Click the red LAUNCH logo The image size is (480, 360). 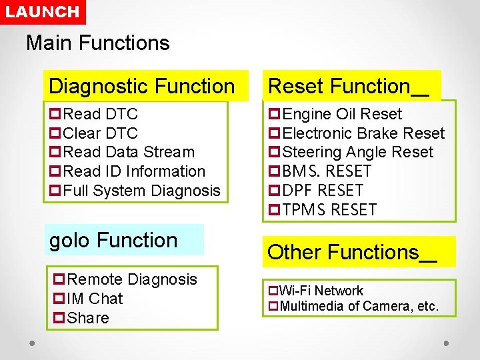pyautogui.click(x=43, y=12)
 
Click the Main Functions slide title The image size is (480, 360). pyautogui.click(x=98, y=43)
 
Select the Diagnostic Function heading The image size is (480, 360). pyautogui.click(x=142, y=86)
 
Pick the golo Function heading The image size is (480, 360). pyautogui.click(x=113, y=240)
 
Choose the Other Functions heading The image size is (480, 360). pyautogui.click(x=352, y=252)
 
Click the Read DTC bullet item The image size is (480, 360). pyautogui.click(x=100, y=114)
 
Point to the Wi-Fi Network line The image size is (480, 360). pyautogui.click(x=321, y=291)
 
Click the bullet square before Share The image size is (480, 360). pyautogui.click(x=57, y=318)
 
